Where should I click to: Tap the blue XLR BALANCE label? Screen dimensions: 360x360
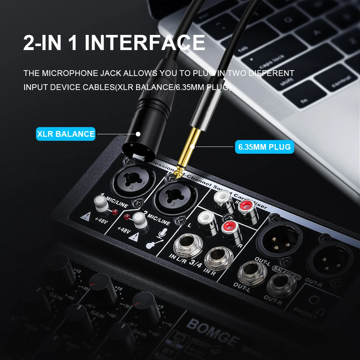pyautogui.click(x=66, y=134)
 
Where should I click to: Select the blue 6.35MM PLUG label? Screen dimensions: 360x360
pyautogui.click(x=264, y=147)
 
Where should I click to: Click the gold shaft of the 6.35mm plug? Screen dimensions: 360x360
pyautogui.click(x=190, y=148)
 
